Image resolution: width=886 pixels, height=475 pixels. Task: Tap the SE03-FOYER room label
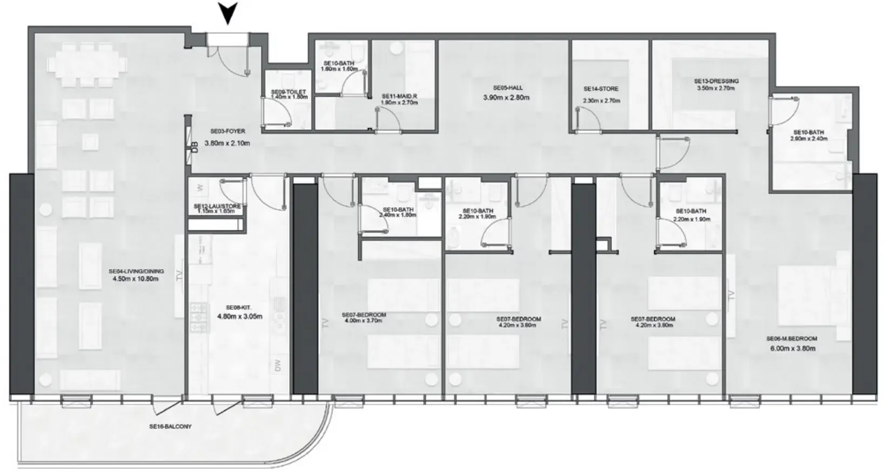227,131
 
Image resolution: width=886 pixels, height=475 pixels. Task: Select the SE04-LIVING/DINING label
136,271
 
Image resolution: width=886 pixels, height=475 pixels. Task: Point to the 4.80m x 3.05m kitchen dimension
239,316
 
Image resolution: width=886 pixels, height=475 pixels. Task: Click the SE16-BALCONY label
170,426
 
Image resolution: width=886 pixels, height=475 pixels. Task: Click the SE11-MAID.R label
399,96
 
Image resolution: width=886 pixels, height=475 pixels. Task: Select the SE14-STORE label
601,89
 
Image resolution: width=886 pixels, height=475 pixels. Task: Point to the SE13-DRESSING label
716,82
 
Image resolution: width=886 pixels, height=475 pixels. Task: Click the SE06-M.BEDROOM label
791,339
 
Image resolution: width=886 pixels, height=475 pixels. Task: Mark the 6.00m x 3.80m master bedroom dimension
793,348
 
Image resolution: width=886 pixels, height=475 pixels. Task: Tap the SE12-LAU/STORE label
217,207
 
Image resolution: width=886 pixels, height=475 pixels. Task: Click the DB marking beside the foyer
194,147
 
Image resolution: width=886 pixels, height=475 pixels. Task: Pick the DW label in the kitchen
278,366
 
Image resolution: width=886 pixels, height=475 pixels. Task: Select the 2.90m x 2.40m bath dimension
808,139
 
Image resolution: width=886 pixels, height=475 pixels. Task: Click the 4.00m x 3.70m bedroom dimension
364,321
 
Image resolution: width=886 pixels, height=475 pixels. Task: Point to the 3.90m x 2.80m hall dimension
506,98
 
